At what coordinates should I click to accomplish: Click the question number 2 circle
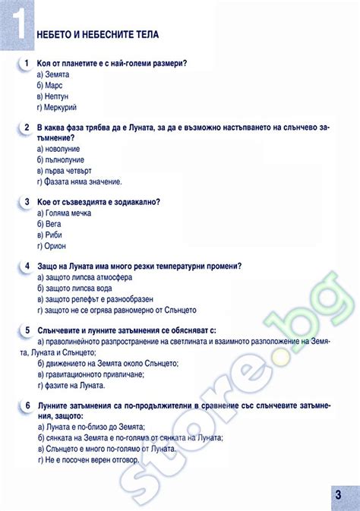[27, 128]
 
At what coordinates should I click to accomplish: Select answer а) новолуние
[59, 150]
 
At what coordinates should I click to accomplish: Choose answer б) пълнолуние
[62, 160]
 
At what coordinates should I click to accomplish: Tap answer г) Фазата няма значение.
[79, 182]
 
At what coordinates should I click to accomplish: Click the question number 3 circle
[27, 202]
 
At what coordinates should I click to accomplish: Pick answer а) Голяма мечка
[65, 213]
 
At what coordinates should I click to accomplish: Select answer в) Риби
[50, 235]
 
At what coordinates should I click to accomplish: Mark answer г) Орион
[52, 246]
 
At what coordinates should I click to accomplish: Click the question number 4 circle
[27, 266]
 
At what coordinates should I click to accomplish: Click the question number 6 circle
[27, 405]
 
